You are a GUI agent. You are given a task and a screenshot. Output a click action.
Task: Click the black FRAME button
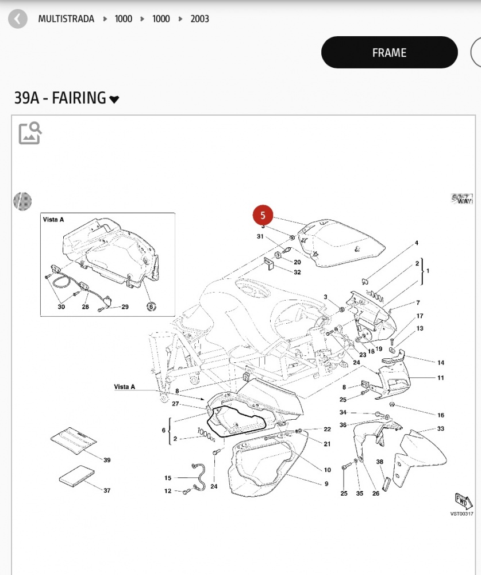coord(389,53)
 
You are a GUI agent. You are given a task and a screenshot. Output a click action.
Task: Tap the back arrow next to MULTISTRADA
coord(18,19)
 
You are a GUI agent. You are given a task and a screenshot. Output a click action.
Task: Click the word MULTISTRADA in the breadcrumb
coord(67,19)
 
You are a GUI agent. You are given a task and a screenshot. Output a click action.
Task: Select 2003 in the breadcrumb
coord(200,19)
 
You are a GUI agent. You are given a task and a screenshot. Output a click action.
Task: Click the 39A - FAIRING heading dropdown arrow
coord(114,99)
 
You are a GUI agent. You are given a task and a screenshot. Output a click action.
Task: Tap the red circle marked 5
coord(263,216)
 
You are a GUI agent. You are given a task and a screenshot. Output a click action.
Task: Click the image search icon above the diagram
coord(30,133)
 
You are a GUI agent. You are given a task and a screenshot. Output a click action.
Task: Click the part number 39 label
coord(107,460)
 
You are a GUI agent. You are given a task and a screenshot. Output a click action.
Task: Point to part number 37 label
coord(107,490)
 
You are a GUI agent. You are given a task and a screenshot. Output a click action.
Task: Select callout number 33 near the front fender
coord(441,429)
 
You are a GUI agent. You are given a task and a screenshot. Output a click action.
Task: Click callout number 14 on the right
coord(441,363)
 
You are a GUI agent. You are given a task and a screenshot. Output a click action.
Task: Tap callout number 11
coord(441,378)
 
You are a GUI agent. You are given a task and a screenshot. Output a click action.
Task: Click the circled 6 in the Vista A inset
coord(151,306)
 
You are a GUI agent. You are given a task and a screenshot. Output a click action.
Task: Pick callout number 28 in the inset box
coord(85,307)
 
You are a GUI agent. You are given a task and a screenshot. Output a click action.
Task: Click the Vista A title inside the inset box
coord(53,220)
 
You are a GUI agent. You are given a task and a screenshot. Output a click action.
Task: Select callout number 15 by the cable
coord(168,478)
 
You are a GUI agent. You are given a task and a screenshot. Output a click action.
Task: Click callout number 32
coord(297,272)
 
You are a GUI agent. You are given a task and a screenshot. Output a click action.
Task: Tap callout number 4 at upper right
coord(417,243)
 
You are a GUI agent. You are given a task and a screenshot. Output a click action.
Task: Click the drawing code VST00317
coord(461,514)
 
